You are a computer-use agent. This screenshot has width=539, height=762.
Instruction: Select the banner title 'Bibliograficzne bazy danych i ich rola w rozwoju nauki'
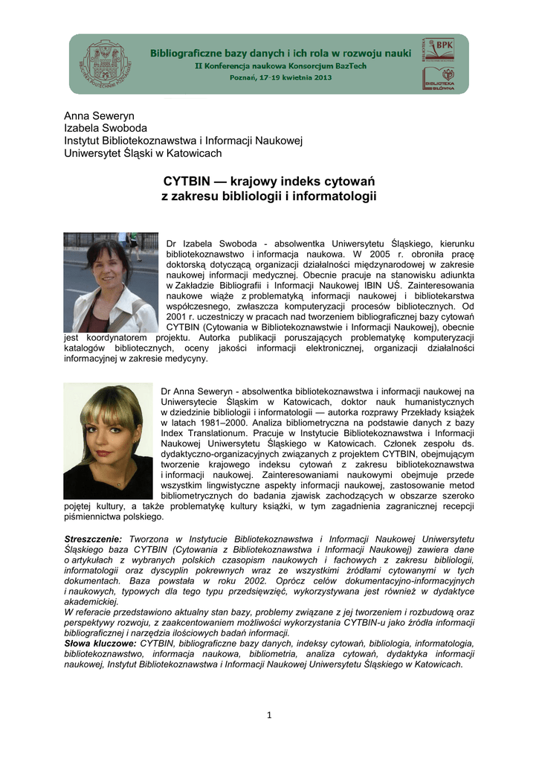pos(280,54)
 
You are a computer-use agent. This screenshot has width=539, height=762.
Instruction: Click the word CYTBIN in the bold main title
pos(186,182)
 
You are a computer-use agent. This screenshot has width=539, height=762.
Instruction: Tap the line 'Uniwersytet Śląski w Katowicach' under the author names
pos(143,153)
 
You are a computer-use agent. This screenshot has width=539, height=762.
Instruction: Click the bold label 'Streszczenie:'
pos(94,538)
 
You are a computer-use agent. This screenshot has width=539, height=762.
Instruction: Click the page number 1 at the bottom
pos(269,716)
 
